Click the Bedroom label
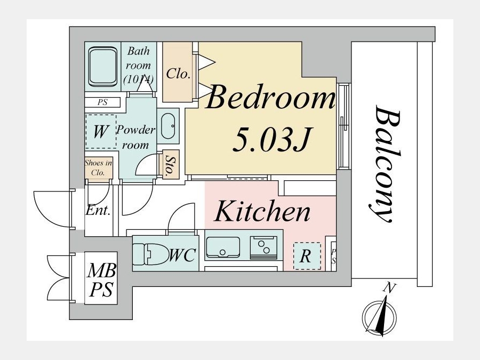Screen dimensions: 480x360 [x=270, y=98]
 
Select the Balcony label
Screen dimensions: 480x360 [x=385, y=164]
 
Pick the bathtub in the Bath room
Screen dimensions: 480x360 [x=103, y=67]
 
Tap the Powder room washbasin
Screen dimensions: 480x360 [x=168, y=126]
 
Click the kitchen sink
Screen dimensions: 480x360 [x=222, y=247]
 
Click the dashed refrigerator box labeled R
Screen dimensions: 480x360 [x=307, y=256]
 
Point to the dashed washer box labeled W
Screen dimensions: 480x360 [x=101, y=131]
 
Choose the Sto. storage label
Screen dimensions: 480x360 [x=169, y=164]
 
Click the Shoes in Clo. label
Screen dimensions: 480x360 [x=98, y=167]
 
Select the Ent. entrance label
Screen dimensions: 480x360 [x=98, y=210]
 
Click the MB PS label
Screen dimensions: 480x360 [x=101, y=280]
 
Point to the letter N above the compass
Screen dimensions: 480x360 [x=389, y=288]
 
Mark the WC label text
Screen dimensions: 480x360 [x=182, y=255]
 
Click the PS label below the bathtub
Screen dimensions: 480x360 [x=102, y=102]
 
